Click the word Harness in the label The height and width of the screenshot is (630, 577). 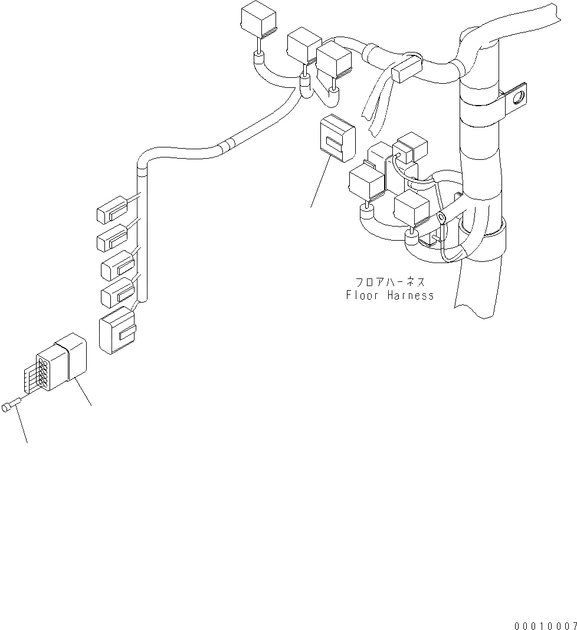pos(411,296)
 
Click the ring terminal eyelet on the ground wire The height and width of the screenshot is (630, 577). pos(441,219)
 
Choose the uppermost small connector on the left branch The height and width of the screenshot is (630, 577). pos(112,209)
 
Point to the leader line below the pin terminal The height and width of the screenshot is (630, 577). pos(22,426)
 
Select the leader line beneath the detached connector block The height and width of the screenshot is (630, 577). pos(320,184)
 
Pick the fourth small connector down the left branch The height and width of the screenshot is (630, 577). pos(117,291)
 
